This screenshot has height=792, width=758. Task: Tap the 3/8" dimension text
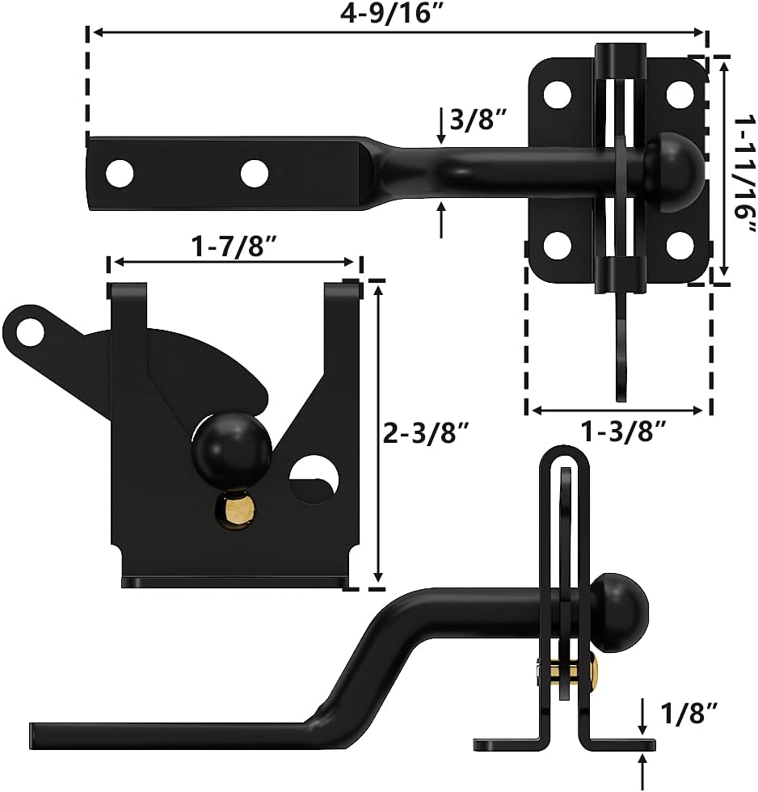[x=478, y=121]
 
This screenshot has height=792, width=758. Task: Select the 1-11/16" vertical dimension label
[x=743, y=169]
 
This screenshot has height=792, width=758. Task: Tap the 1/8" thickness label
[x=689, y=713]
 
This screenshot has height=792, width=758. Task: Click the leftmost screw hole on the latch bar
[x=120, y=171]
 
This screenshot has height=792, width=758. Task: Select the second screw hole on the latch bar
[x=254, y=171]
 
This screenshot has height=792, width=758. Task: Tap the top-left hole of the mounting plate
[x=556, y=94]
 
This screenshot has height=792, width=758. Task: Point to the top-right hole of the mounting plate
[x=680, y=94]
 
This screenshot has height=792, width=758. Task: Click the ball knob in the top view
[x=672, y=171]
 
